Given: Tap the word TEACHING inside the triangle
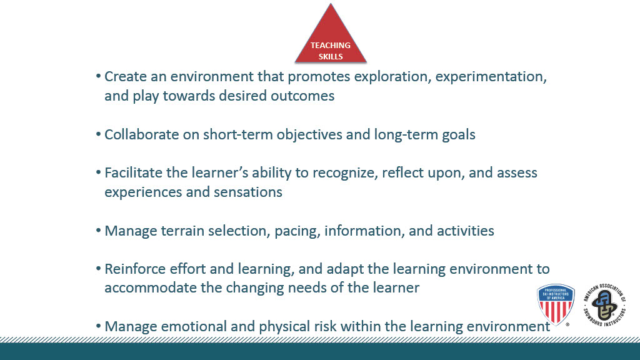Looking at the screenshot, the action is (331, 45).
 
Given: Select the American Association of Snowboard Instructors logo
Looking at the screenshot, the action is (605, 305).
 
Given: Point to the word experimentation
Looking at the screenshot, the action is (491, 77).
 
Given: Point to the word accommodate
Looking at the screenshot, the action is (151, 287).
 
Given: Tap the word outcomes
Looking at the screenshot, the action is (302, 96).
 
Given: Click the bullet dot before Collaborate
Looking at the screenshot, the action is (98, 134).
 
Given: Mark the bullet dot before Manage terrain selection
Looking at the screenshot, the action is (98, 231).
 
